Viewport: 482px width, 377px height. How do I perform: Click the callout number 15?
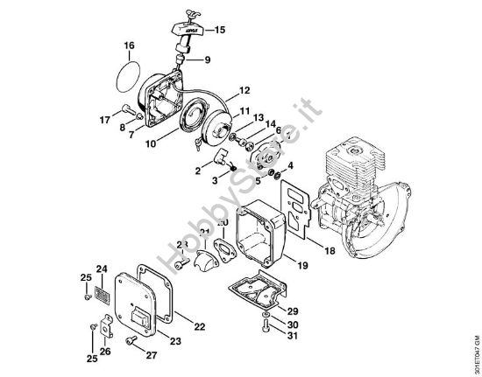click(x=219, y=30)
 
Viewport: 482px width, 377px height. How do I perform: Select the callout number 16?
click(x=129, y=45)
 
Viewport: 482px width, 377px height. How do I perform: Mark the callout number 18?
click(x=330, y=251)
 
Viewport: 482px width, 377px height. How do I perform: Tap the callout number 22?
click(x=199, y=326)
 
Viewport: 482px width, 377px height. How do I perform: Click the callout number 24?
click(x=101, y=269)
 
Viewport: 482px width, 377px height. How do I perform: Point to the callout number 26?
click(x=105, y=352)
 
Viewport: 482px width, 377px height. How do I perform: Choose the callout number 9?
click(x=208, y=60)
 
